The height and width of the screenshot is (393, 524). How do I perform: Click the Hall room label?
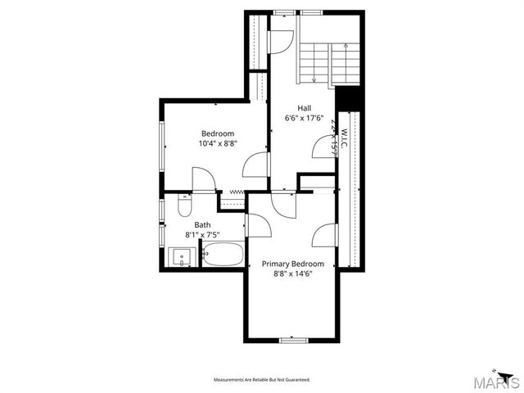pos(305,108)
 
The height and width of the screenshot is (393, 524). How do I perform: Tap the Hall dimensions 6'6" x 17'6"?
pos(305,119)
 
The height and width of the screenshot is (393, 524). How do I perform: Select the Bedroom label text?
pos(218,133)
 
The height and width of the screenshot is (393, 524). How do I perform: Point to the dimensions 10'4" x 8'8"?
pos(218,143)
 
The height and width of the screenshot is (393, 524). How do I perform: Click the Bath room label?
pos(202,224)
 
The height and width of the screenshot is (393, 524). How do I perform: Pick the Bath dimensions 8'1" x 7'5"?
pos(202,235)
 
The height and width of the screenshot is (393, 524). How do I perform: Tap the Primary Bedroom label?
pos(292,264)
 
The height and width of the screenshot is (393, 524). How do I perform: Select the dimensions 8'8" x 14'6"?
pos(292,274)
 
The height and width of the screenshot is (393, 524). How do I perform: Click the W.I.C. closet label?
pos(345,131)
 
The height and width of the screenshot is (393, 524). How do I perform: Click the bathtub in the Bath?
pos(222,255)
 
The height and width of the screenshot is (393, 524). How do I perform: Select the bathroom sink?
pos(181,258)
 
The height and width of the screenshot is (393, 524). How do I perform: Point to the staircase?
pos(328,61)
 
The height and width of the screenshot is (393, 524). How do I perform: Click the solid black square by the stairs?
pos(349,97)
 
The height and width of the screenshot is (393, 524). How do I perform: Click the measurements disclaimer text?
pos(262,380)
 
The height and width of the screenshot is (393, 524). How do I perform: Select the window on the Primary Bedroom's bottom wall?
pos(292,340)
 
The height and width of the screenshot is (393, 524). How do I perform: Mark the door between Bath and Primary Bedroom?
pos(254,224)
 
